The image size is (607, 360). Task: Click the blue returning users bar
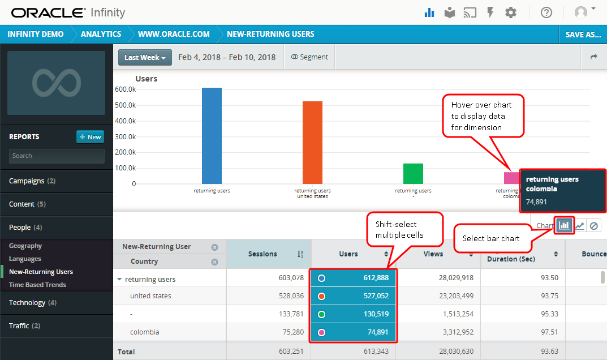click(x=212, y=136)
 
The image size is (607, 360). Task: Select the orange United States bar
click(x=312, y=142)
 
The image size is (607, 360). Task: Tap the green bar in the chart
click(x=413, y=173)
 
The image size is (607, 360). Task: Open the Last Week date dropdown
click(x=145, y=57)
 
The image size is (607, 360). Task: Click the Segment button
click(x=309, y=57)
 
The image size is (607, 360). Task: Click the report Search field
click(x=57, y=156)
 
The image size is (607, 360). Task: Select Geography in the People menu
click(x=25, y=246)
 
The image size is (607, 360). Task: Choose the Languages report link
click(x=25, y=259)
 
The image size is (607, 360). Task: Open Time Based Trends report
click(x=37, y=285)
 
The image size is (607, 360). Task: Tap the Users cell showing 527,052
click(x=354, y=296)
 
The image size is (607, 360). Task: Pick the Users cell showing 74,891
click(x=354, y=332)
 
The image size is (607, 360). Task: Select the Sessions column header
click(x=263, y=254)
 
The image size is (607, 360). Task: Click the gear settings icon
click(x=511, y=12)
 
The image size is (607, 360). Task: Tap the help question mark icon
click(x=546, y=12)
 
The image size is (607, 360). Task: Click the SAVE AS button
click(x=583, y=35)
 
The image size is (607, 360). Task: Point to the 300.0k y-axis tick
click(x=126, y=136)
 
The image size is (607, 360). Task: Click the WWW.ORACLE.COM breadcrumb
click(x=174, y=35)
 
